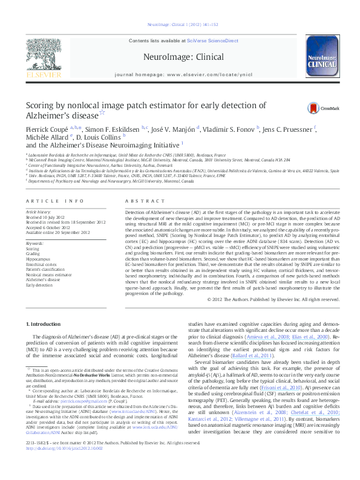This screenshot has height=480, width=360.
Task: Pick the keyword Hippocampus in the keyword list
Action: [x=38, y=258]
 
